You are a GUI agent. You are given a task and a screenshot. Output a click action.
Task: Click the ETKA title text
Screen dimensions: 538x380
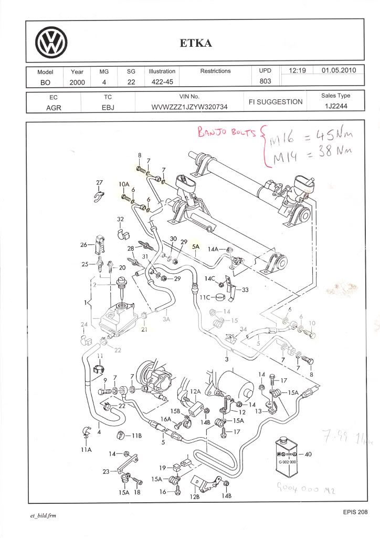point(196,44)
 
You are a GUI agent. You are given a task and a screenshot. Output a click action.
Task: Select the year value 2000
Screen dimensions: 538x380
point(77,82)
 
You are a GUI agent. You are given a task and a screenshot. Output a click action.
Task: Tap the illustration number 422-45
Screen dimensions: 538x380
point(162,82)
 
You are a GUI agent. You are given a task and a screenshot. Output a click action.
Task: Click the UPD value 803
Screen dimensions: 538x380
point(265,82)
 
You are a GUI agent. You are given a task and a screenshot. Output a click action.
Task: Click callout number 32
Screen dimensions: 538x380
point(120,219)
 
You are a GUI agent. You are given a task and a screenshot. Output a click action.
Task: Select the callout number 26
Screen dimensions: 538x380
point(83,244)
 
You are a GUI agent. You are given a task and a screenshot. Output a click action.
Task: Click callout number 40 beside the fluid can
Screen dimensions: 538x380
point(308,454)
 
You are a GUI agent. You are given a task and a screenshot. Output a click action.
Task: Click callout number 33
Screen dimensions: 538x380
point(245,289)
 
